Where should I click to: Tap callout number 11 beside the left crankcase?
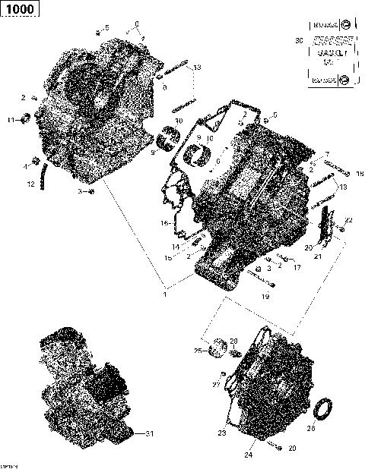(11, 121)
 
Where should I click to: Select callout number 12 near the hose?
(31, 184)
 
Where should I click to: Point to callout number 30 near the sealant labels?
(298, 39)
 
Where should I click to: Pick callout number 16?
(163, 223)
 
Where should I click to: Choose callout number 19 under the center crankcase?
(265, 297)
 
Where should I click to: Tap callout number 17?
(297, 268)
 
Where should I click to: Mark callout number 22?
(349, 219)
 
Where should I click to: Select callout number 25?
(197, 351)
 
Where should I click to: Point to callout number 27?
(215, 385)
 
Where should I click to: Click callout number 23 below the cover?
(223, 433)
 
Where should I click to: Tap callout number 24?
(247, 455)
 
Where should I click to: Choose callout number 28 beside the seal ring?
(332, 428)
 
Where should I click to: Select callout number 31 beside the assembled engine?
(150, 433)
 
